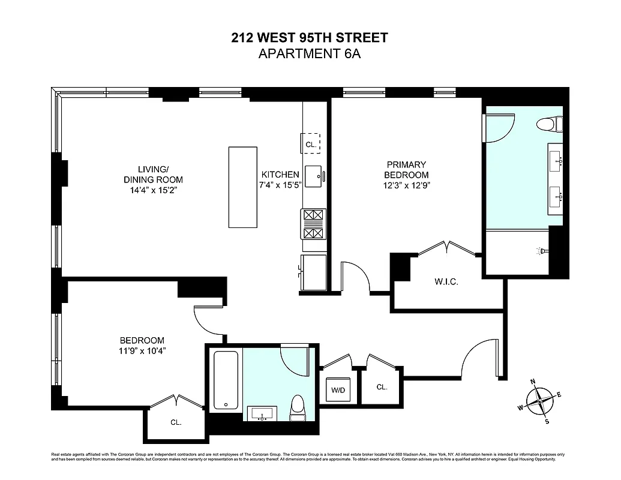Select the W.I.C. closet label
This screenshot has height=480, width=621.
point(446,281)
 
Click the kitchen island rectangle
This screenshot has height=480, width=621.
point(242,187)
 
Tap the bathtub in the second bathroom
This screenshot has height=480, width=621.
point(226,379)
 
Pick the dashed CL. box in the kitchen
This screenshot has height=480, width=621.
point(310,143)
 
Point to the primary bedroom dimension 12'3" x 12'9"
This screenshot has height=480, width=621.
point(406,185)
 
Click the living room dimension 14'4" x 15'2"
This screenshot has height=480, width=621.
point(152,190)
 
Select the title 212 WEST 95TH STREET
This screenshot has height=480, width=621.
point(310,38)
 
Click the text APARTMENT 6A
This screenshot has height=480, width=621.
point(310,54)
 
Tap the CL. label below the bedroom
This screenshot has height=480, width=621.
point(176,422)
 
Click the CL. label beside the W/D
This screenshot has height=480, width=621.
point(382,387)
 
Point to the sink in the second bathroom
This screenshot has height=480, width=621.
point(262,413)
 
